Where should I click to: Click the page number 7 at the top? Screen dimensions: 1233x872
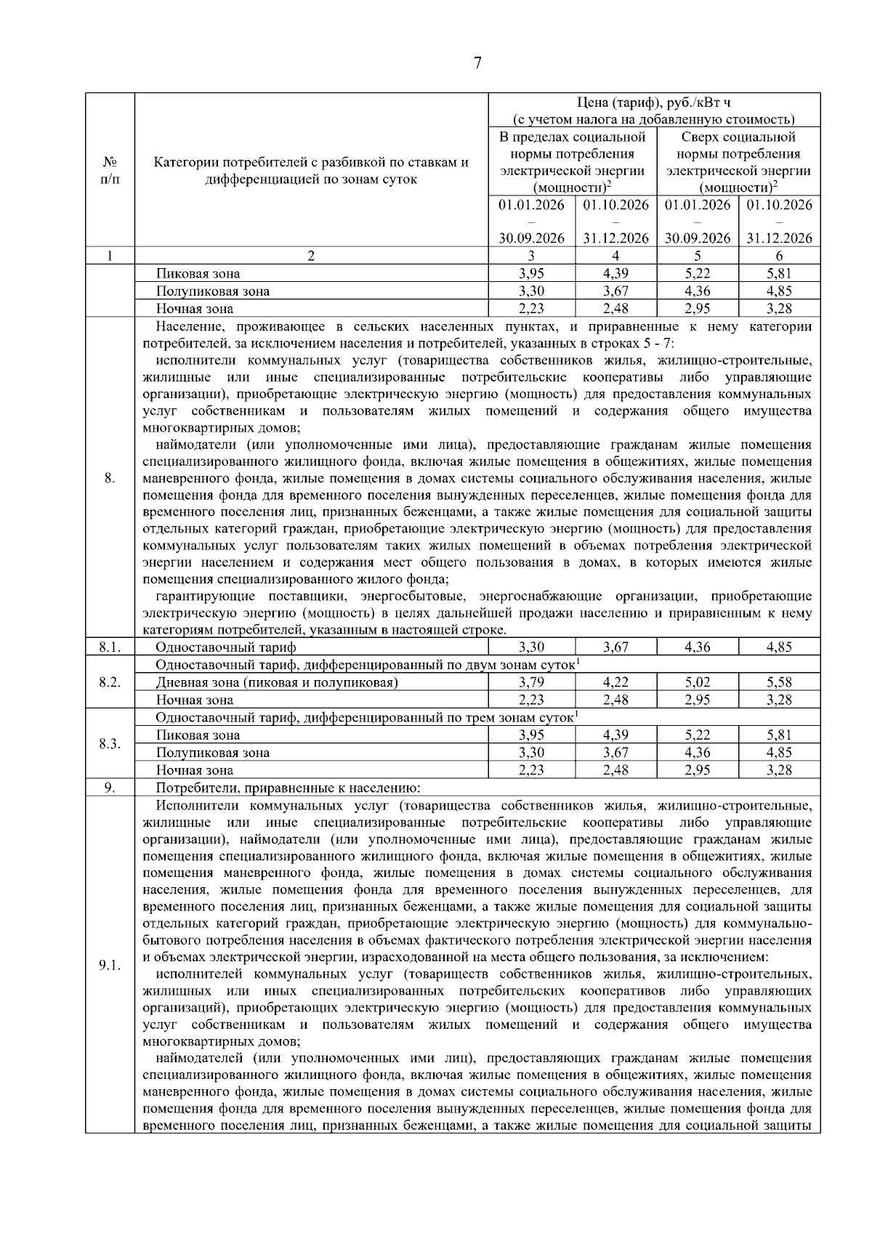tap(477, 63)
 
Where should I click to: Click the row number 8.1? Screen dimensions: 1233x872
tap(110, 647)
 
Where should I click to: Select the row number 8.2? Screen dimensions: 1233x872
tap(110, 682)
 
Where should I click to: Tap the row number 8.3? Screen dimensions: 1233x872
tap(110, 744)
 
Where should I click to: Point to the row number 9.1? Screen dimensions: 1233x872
tap(110, 965)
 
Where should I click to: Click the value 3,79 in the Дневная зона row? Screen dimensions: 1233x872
tap(531, 682)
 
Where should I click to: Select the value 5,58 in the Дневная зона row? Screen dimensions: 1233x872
tap(779, 682)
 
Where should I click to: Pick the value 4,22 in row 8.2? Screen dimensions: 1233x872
tap(615, 682)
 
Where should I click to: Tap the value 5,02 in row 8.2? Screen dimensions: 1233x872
tap(697, 682)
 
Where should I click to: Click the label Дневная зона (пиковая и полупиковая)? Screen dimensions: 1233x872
tap(277, 682)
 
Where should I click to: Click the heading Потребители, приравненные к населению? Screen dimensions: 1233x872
tap(288, 788)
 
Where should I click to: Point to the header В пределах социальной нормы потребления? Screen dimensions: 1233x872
tap(573, 145)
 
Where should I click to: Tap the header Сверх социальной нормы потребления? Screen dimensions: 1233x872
tap(738, 145)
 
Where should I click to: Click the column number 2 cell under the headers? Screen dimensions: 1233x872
tap(311, 256)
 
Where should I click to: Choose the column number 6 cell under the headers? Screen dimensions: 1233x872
tap(779, 256)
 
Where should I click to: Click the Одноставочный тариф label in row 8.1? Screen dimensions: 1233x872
tap(226, 647)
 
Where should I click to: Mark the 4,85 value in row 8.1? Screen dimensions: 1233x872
tap(779, 647)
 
